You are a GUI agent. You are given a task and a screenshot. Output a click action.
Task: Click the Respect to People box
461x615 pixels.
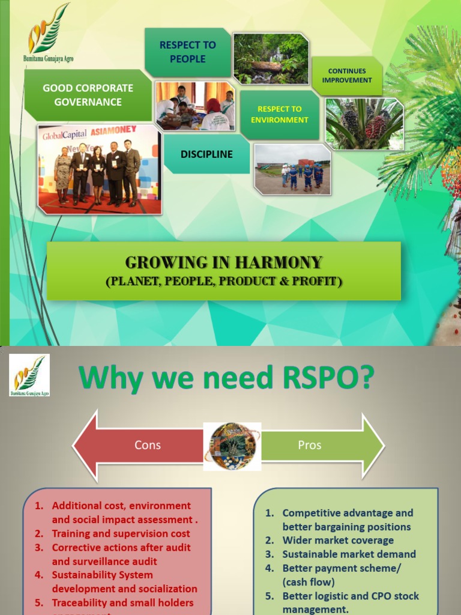(x=187, y=52)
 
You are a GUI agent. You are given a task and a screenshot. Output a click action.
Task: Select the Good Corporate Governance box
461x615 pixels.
(x=88, y=95)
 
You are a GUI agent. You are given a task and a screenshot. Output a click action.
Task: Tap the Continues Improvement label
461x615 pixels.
(x=347, y=76)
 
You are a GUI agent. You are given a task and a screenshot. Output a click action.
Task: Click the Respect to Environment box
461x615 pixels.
(x=280, y=114)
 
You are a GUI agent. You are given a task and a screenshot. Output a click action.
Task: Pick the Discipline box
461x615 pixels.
(x=206, y=154)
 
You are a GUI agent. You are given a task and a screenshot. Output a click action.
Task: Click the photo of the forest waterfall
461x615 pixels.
(x=271, y=58)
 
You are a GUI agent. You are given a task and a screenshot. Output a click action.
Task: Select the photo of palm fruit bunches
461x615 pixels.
(x=364, y=124)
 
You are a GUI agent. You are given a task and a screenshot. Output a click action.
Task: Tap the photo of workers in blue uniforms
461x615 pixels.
(x=292, y=169)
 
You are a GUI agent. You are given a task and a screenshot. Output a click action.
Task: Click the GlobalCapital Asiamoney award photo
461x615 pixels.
(x=100, y=169)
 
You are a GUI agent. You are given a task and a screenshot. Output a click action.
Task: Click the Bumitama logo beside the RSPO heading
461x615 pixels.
(x=29, y=375)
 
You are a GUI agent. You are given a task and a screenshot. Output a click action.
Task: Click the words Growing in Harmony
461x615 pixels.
(x=223, y=262)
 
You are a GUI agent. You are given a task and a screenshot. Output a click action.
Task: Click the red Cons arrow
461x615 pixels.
(x=138, y=446)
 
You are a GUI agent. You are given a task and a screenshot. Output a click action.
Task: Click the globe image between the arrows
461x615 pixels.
(x=232, y=446)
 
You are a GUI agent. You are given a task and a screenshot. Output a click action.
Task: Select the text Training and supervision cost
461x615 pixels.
(x=121, y=533)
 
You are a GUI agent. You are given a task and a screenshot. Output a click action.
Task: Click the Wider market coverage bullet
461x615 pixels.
(x=338, y=541)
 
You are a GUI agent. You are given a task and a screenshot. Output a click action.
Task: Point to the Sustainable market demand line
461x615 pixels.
(x=349, y=554)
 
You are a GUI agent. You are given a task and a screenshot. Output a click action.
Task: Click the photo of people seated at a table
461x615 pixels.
(x=195, y=106)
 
